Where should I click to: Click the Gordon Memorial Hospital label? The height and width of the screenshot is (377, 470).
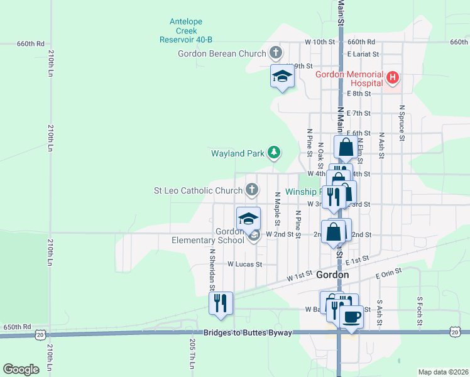tap(349, 78)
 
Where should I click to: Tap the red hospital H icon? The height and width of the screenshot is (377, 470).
tap(393, 78)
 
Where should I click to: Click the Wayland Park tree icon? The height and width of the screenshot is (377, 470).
tap(273, 152)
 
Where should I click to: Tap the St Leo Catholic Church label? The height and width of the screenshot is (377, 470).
tap(199, 190)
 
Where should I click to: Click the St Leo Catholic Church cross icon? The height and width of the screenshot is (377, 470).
tap(251, 189)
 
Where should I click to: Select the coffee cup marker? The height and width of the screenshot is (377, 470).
tap(352, 316)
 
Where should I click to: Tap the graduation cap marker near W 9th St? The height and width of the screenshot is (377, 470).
tap(282, 76)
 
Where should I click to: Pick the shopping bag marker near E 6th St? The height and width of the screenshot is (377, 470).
tap(346, 147)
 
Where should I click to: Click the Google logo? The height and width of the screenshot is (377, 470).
tap(21, 369)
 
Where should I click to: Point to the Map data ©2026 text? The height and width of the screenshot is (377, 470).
tap(443, 372)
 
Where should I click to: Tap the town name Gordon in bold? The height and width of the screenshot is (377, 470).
tap(333, 275)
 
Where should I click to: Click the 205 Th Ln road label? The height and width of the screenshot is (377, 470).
tap(192, 354)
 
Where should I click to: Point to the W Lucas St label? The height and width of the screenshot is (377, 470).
tap(244, 265)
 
